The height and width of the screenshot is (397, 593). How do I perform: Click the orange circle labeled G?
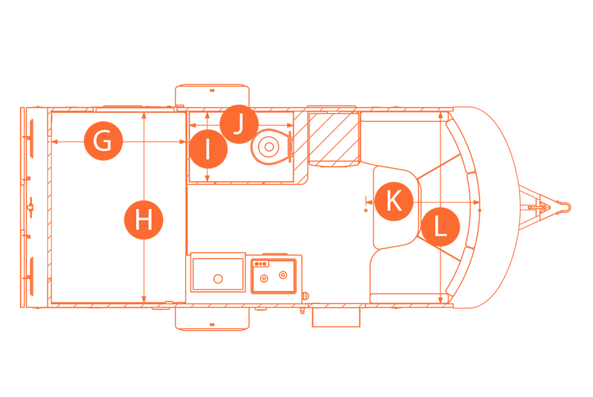[102, 140]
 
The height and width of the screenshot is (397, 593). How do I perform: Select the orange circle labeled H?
[144, 220]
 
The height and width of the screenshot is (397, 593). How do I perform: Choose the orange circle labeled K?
[393, 201]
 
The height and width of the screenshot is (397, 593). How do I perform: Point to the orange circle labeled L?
[440, 228]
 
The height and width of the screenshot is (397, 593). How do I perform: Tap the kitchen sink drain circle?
[218, 278]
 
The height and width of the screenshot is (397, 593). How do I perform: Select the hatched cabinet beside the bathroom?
[333, 138]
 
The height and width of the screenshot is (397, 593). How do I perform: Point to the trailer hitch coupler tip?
[565, 207]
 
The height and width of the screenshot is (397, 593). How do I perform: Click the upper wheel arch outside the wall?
[212, 96]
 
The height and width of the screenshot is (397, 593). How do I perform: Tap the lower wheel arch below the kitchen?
[212, 318]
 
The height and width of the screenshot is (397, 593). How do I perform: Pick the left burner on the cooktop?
[264, 278]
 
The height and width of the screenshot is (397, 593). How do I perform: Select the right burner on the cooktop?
[282, 275]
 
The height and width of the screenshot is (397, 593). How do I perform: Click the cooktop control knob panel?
[261, 263]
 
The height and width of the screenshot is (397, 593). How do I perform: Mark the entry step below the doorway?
[335, 317]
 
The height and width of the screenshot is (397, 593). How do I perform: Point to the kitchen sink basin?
[218, 275]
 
